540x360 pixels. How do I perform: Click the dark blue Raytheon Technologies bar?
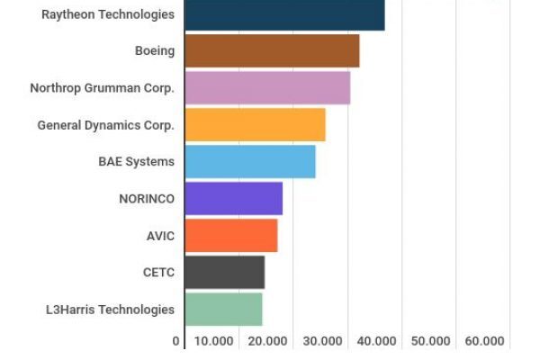(x=284, y=15)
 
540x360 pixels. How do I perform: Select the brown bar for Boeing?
(x=272, y=51)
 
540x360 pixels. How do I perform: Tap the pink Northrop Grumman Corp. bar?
(x=267, y=88)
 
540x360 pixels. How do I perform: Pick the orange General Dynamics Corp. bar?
(x=255, y=125)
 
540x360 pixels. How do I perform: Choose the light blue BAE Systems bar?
(x=250, y=162)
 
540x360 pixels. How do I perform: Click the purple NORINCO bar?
(x=233, y=199)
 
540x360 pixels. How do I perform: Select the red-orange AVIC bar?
(x=230, y=236)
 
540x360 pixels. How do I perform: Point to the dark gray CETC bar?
(x=224, y=273)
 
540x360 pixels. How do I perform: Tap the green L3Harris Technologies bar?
(x=223, y=310)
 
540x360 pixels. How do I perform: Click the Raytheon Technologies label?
(x=108, y=14)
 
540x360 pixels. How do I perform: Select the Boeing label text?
(x=155, y=51)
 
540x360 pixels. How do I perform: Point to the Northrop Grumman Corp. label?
(x=102, y=88)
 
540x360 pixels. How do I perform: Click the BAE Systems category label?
(x=136, y=162)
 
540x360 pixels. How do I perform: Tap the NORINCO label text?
(x=147, y=199)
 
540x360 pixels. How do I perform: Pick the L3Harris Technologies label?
(x=110, y=310)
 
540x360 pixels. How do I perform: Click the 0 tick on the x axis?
(x=176, y=342)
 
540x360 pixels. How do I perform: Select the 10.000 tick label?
(x=214, y=342)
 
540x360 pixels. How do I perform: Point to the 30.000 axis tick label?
(x=322, y=342)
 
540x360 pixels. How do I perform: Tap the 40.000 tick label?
(x=376, y=342)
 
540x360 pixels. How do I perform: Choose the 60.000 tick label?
(x=484, y=342)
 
